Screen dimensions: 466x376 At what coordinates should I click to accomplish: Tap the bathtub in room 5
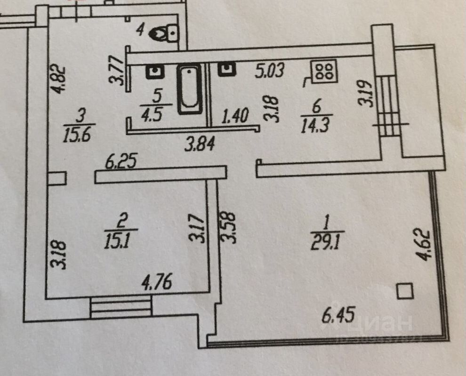pos(190,89)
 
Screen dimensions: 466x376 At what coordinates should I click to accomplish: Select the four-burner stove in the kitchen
pos(324,71)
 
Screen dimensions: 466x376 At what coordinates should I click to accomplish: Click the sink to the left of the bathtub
pos(155,72)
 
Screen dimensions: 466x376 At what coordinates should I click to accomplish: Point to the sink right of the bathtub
pos(227,70)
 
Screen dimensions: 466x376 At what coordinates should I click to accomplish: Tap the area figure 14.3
pos(316,126)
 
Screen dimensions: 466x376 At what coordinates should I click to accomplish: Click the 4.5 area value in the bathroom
pos(156,114)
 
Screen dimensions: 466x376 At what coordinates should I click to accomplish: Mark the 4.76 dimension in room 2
pos(157,282)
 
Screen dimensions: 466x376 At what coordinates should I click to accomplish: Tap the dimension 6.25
pos(121,162)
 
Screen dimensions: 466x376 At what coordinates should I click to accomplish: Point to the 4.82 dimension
pos(58,79)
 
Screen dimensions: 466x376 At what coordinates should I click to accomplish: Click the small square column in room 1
pos(405,291)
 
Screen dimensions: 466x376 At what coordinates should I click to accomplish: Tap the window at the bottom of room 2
pos(121,308)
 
